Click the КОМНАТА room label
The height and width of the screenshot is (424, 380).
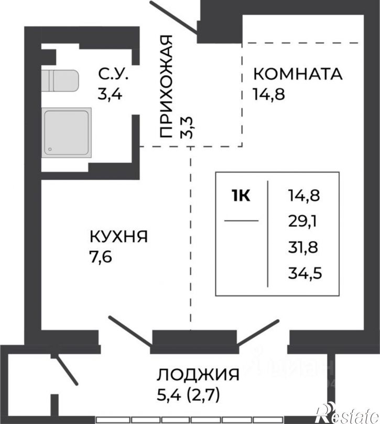(297, 73)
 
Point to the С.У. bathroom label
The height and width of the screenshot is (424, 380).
(112, 73)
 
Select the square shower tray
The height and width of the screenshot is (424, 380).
(67, 131)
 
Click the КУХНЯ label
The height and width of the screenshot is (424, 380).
(118, 237)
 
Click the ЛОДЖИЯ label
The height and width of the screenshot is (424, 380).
(198, 375)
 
